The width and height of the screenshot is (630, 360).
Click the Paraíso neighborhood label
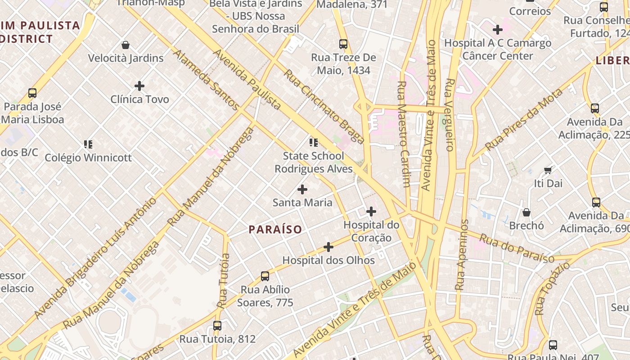(275, 229)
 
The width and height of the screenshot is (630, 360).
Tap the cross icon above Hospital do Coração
(371, 211)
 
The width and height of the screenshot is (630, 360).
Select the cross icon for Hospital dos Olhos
(328, 247)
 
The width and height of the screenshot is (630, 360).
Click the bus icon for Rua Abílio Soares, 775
(265, 276)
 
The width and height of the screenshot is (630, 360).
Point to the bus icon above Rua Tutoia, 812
(217, 325)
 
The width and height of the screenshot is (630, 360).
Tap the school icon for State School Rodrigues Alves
(314, 143)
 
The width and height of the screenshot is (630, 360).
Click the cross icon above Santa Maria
(302, 189)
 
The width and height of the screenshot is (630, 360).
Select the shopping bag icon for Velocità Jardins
(126, 45)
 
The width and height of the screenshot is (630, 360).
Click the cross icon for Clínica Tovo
(139, 85)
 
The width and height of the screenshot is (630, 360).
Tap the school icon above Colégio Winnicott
(88, 144)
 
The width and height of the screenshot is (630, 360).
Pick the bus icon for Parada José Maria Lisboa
(32, 93)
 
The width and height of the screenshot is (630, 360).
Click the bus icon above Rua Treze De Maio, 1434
(343, 44)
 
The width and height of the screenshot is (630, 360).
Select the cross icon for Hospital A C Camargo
(497, 30)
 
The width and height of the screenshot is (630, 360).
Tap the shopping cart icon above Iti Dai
(548, 170)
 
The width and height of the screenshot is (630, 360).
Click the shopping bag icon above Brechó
(526, 212)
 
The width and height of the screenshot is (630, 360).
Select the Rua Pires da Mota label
(524, 120)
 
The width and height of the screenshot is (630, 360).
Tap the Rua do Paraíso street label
(516, 248)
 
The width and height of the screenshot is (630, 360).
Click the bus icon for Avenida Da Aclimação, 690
(596, 202)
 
